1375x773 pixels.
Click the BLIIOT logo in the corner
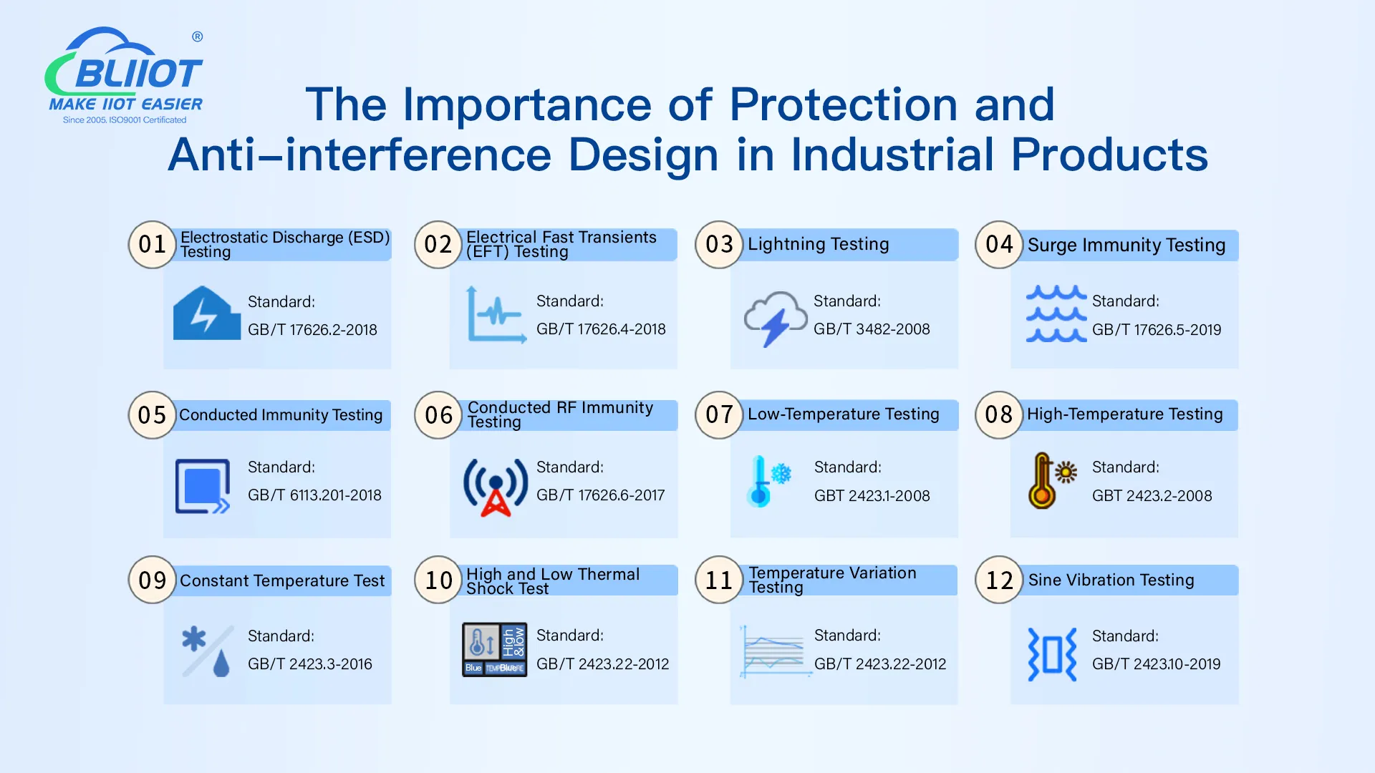[125, 76]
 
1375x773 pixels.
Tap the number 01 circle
[152, 245]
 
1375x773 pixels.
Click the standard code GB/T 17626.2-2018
[312, 330]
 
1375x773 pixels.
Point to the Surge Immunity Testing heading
[1126, 245]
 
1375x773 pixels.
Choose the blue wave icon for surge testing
[1056, 314]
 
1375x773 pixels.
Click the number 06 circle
[438, 415]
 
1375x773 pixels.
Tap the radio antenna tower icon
[496, 487]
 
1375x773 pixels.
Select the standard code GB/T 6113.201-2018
[314, 495]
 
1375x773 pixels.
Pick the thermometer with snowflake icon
[768, 481]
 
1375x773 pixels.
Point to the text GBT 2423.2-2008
[1152, 496]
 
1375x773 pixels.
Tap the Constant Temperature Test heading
[282, 580]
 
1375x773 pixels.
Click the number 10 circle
[438, 580]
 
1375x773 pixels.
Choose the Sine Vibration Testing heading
[1111, 580]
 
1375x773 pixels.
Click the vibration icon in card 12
[1052, 654]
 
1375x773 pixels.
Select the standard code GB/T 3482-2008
[872, 329]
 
